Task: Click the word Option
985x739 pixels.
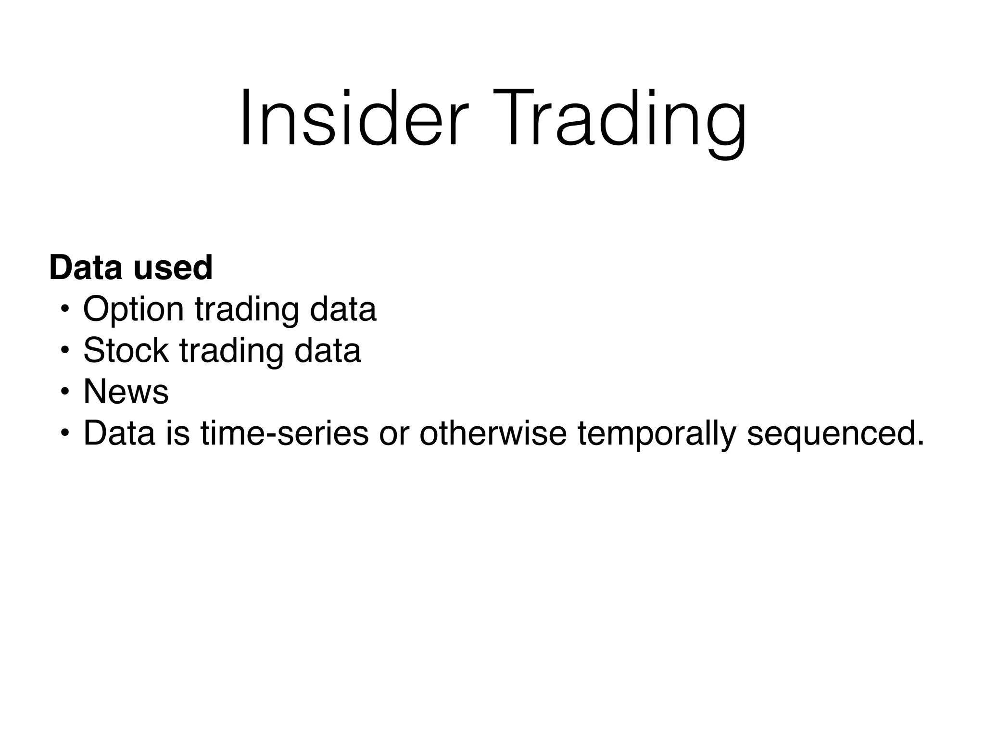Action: click(133, 309)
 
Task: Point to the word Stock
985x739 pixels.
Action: click(126, 350)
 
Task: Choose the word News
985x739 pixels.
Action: click(126, 392)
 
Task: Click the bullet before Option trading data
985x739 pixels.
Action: click(64, 309)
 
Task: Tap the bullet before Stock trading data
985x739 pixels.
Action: click(64, 351)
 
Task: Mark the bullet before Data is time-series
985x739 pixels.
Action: click(64, 433)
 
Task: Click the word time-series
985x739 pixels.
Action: click(284, 433)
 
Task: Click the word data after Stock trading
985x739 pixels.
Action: click(328, 350)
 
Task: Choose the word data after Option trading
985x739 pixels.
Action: click(343, 309)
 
